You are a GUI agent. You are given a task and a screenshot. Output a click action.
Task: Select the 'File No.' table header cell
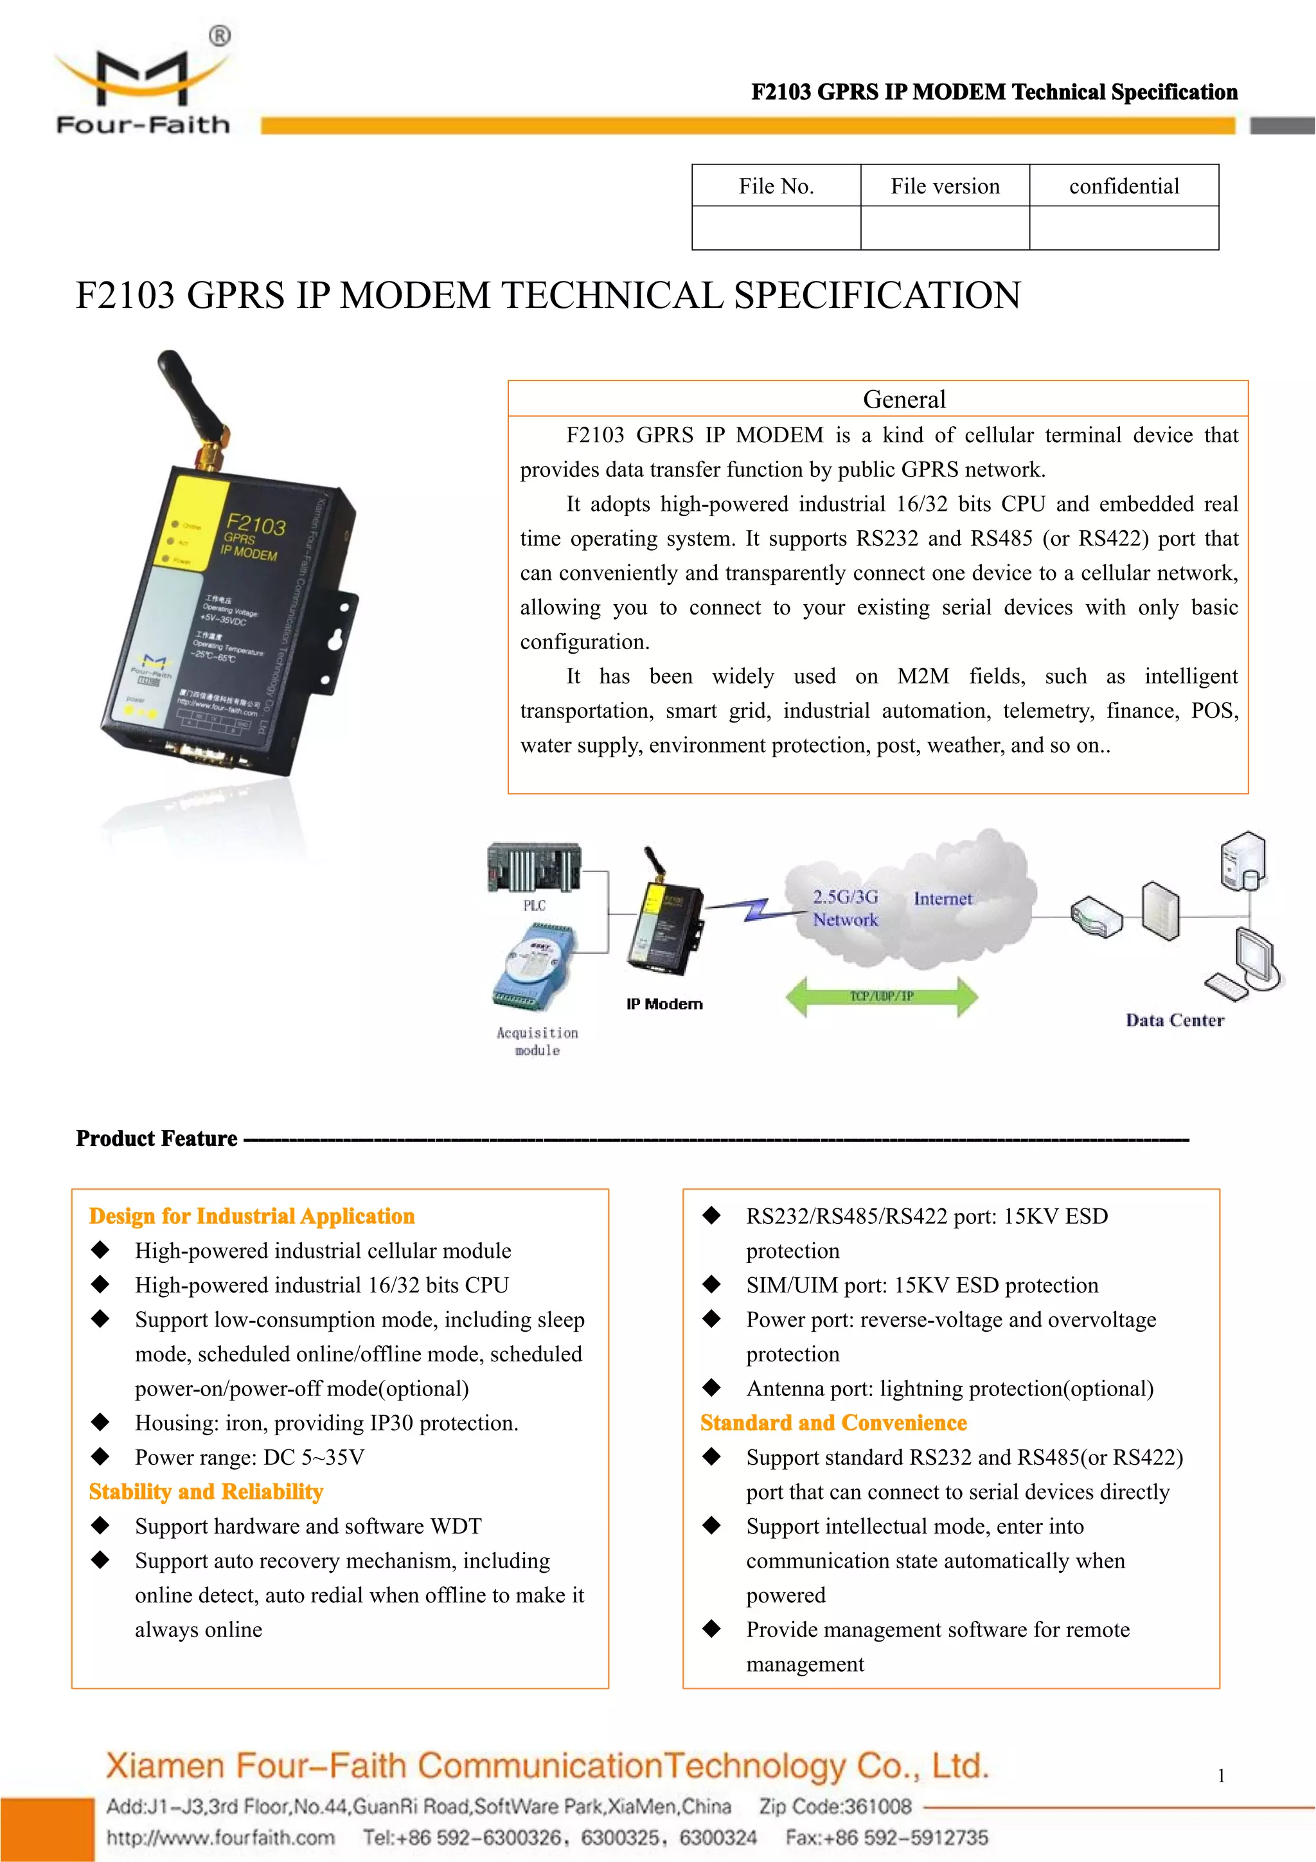click(776, 186)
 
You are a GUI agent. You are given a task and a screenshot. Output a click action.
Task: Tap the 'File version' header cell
click(945, 186)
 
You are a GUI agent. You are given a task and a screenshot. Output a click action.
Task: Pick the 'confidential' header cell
click(1124, 186)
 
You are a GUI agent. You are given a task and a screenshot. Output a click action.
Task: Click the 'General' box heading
click(904, 399)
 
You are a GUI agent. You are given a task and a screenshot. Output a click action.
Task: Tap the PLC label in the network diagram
click(535, 905)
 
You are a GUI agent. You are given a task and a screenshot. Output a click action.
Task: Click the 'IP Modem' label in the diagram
click(664, 1004)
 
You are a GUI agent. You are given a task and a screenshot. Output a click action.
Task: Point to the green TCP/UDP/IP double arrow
click(882, 997)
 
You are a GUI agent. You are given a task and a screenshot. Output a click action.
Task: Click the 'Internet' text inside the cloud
click(942, 899)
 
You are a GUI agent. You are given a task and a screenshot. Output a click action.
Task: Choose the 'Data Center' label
click(1174, 1020)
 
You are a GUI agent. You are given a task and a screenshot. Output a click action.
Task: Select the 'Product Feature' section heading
click(157, 1139)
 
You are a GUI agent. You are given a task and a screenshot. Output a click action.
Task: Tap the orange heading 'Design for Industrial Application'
click(251, 1217)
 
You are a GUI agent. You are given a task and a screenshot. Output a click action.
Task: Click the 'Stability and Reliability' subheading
click(206, 1492)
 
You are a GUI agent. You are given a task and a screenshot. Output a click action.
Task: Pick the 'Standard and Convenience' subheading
click(833, 1423)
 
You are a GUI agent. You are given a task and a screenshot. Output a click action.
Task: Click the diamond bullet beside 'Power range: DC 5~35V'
click(100, 1456)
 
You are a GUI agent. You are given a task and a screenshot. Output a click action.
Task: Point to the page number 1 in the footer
click(1221, 1776)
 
